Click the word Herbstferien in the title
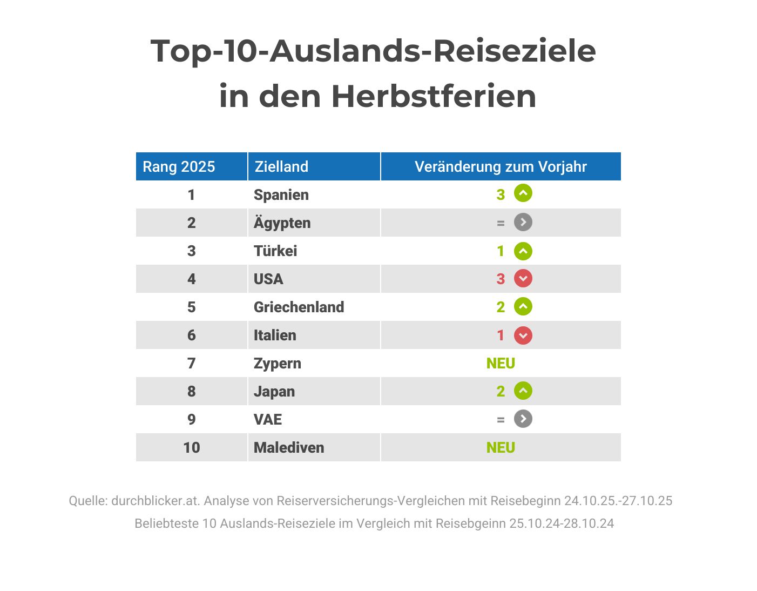click(x=434, y=97)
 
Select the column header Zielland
click(x=281, y=166)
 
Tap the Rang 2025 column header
click(x=179, y=166)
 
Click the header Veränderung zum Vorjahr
click(x=501, y=166)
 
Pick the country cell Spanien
click(x=281, y=194)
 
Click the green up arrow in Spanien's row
click(x=523, y=193)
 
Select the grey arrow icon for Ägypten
click(x=523, y=222)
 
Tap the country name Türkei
click(x=275, y=251)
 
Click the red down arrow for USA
click(x=523, y=278)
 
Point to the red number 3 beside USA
click(x=501, y=279)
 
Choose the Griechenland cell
click(x=299, y=307)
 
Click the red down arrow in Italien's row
click(x=523, y=335)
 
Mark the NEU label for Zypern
click(x=501, y=363)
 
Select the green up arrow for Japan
click(x=523, y=391)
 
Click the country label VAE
click(x=268, y=419)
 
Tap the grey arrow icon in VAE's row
click(x=523, y=419)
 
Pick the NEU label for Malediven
click(x=501, y=447)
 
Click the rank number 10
click(x=191, y=447)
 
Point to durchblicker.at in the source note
click(x=156, y=501)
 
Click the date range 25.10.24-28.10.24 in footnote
click(x=562, y=523)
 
